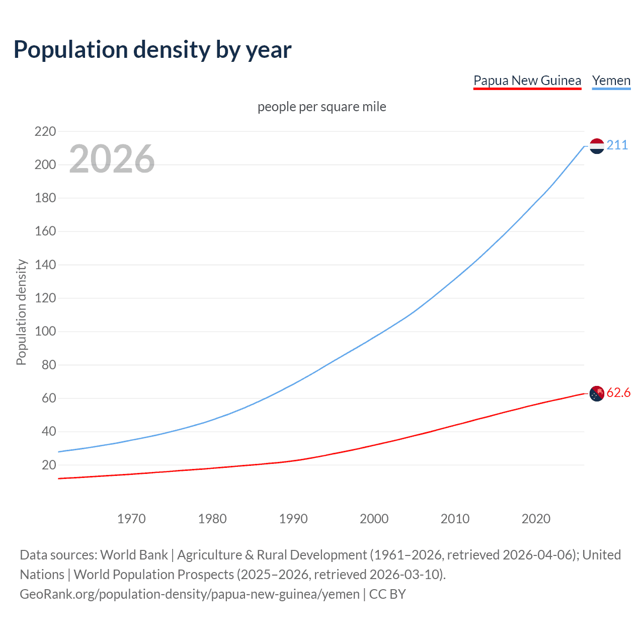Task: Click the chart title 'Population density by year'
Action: pos(152,49)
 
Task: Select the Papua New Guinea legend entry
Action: pos(527,80)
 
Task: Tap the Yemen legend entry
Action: pos(611,80)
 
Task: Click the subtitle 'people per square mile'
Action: pos(321,107)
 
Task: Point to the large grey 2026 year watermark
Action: pos(112,159)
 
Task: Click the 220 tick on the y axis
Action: pos(45,132)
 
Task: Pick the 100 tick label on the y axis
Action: pos(45,332)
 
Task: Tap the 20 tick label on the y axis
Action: pos(49,465)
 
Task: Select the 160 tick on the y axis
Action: pos(45,231)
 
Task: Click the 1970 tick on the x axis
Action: pos(131,519)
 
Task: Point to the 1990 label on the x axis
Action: pos(293,519)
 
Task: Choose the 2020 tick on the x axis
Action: pos(536,519)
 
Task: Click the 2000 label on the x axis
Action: pos(374,519)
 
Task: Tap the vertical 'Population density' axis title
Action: pos(21,312)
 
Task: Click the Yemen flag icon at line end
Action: pos(597,146)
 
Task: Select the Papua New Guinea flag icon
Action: pos(597,393)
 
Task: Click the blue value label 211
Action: pos(617,145)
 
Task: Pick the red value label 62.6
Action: pos(618,393)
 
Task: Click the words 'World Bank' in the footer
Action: pos(134,555)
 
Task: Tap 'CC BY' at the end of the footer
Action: pos(387,594)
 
